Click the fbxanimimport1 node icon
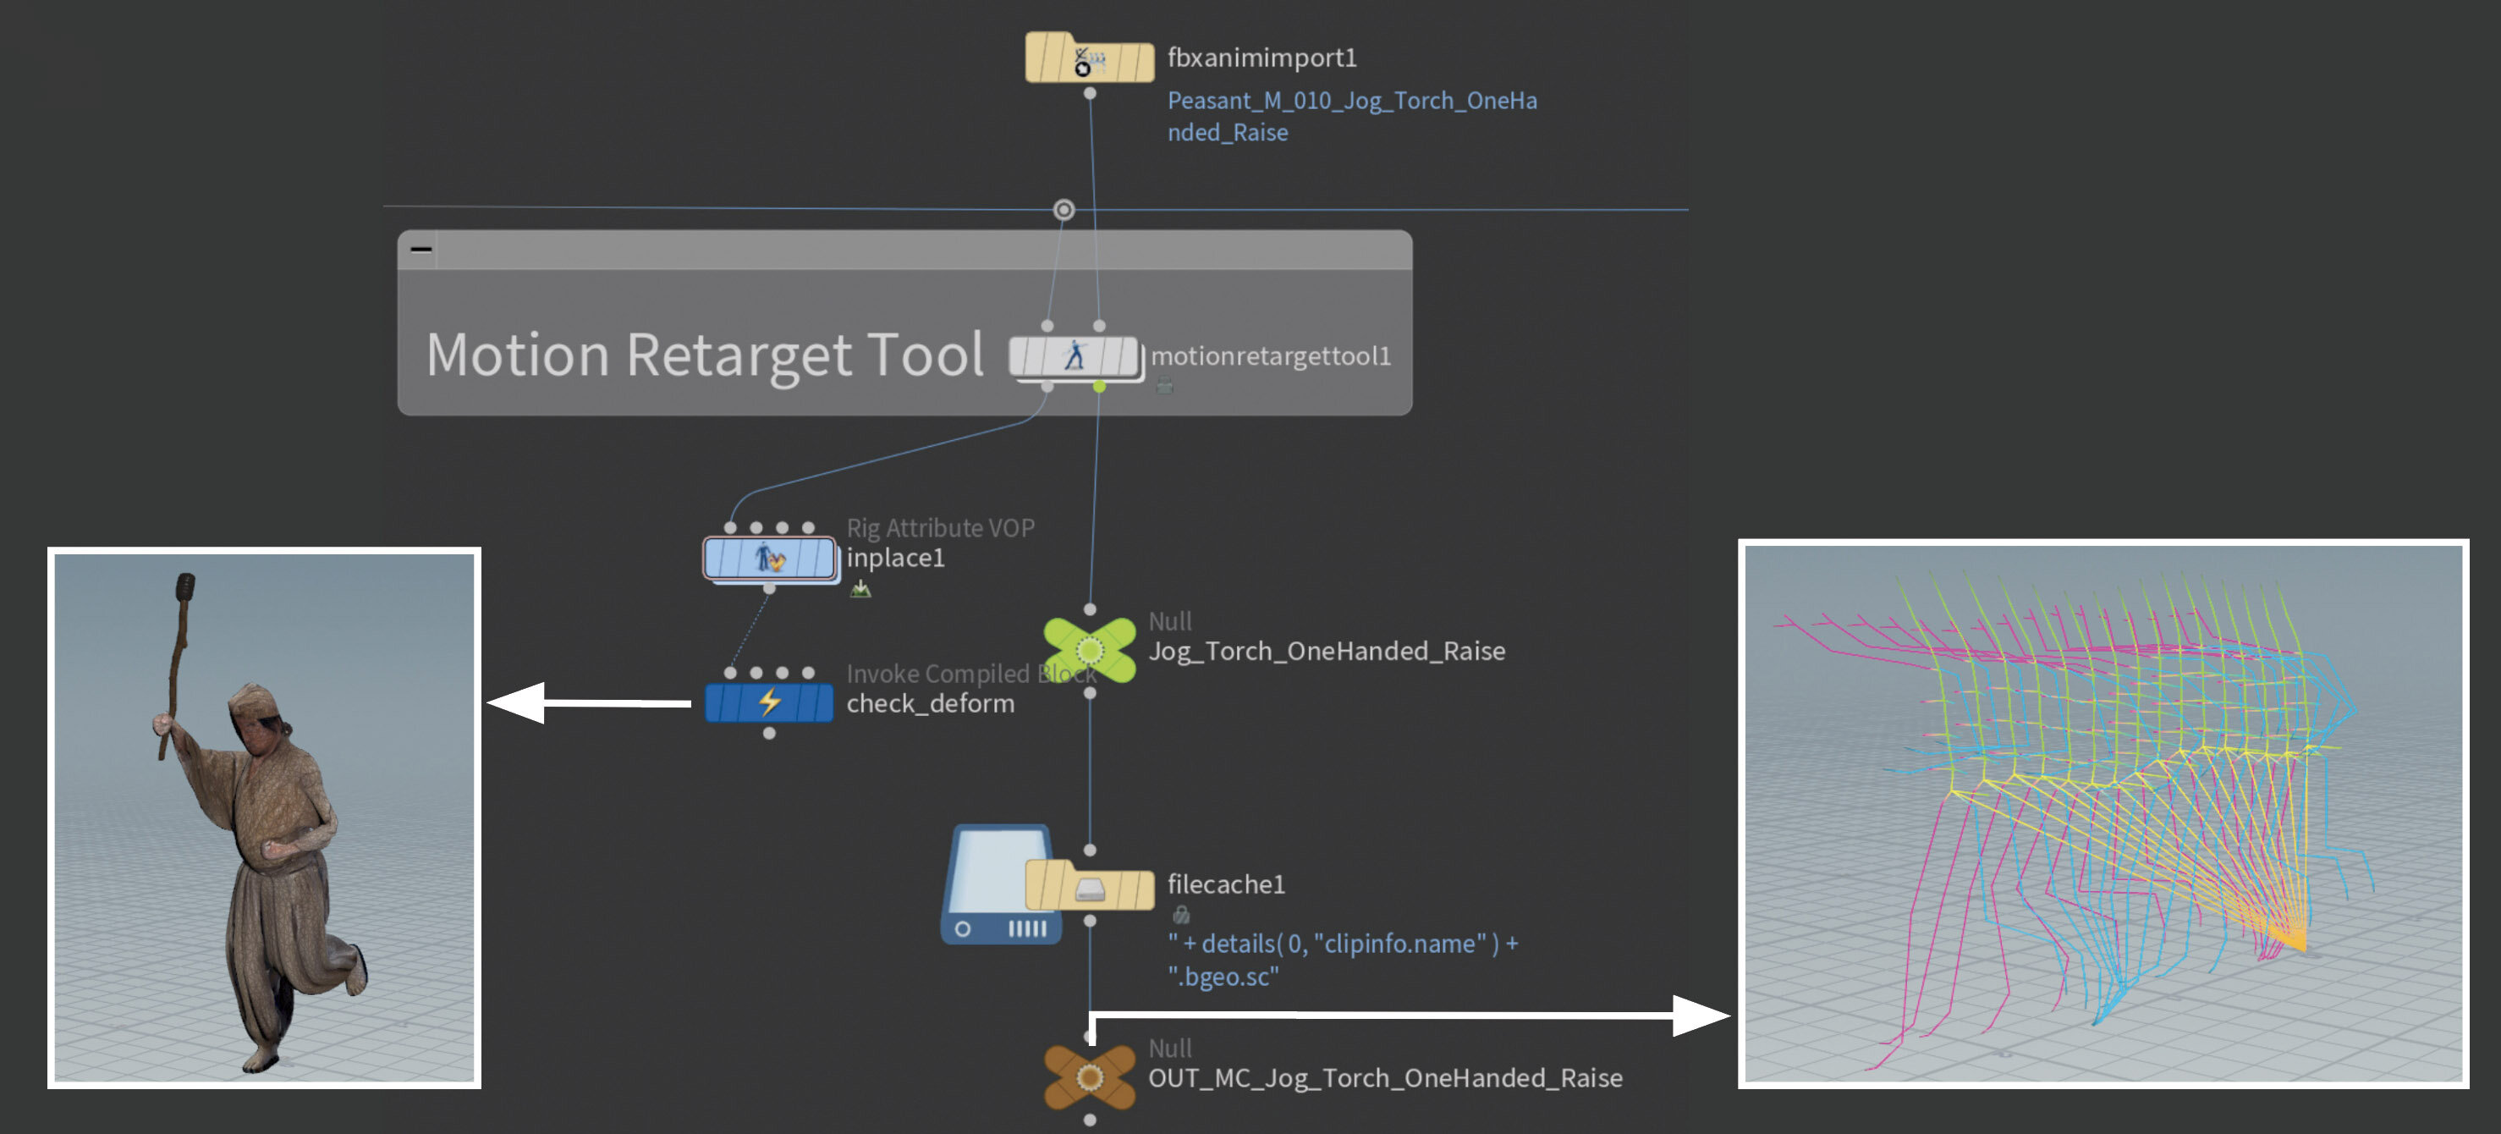click(1088, 60)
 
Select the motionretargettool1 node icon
click(1074, 356)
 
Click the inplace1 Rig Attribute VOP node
click(769, 559)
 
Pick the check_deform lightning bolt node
click(769, 702)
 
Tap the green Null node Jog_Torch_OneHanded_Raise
click(1090, 650)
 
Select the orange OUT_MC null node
click(1090, 1076)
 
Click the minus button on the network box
click(420, 250)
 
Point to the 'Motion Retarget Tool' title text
click(705, 355)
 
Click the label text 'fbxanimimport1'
click(1261, 58)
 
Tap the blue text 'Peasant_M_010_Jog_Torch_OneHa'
click(1351, 101)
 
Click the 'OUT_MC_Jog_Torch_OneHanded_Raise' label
click(1384, 1077)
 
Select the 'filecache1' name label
click(1225, 884)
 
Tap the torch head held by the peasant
click(184, 587)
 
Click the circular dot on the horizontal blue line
click(1064, 210)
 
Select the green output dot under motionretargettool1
click(1099, 388)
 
